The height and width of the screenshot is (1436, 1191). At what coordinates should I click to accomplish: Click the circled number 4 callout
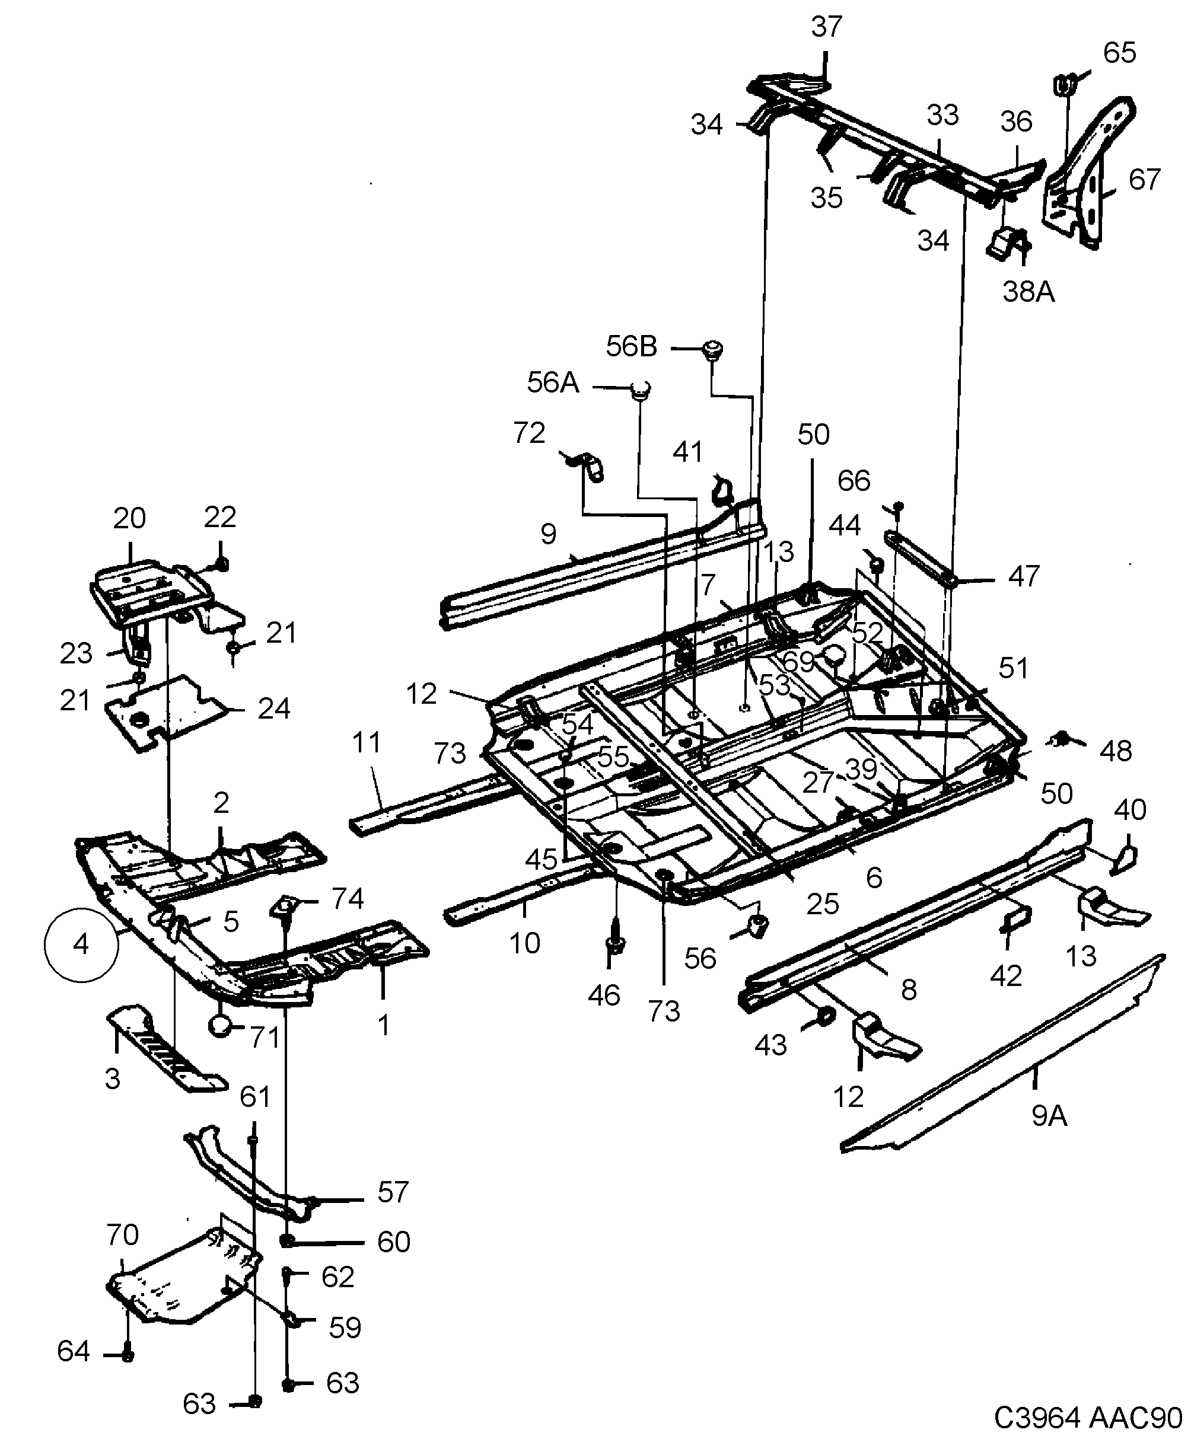click(81, 945)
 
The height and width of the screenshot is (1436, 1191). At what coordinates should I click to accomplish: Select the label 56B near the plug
click(630, 347)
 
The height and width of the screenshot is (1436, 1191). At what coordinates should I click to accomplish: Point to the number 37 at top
click(826, 27)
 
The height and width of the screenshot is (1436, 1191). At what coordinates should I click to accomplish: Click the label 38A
click(1028, 292)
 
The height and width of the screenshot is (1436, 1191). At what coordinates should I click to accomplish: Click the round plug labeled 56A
click(641, 390)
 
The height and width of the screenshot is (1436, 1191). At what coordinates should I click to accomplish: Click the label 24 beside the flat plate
click(273, 709)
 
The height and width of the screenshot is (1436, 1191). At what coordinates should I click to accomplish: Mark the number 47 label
click(1023, 576)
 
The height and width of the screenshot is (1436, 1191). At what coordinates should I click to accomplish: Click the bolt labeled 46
click(615, 946)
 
